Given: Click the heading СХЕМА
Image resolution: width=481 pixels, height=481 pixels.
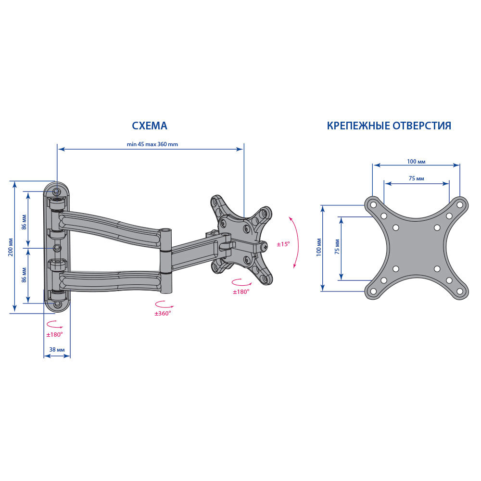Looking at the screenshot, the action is [x=150, y=126].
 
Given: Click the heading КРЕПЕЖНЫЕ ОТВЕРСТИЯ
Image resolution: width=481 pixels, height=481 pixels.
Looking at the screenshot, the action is [x=389, y=126].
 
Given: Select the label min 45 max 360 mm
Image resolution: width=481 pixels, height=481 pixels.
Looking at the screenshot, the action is [x=152, y=144].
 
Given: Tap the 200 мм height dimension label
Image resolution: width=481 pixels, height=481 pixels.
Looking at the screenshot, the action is [x=11, y=247].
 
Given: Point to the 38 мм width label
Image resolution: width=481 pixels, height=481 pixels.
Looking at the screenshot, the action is [x=57, y=350].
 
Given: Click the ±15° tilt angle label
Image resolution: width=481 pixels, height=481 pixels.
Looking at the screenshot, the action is [x=283, y=244].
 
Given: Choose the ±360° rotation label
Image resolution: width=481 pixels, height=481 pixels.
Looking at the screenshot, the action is [x=163, y=314].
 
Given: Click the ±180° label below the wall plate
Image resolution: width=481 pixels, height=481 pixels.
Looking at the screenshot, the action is [x=54, y=335].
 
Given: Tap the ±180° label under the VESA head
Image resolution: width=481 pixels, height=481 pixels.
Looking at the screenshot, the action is [x=241, y=292].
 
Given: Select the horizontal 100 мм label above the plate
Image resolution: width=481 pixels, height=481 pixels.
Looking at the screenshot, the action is [x=416, y=162].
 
